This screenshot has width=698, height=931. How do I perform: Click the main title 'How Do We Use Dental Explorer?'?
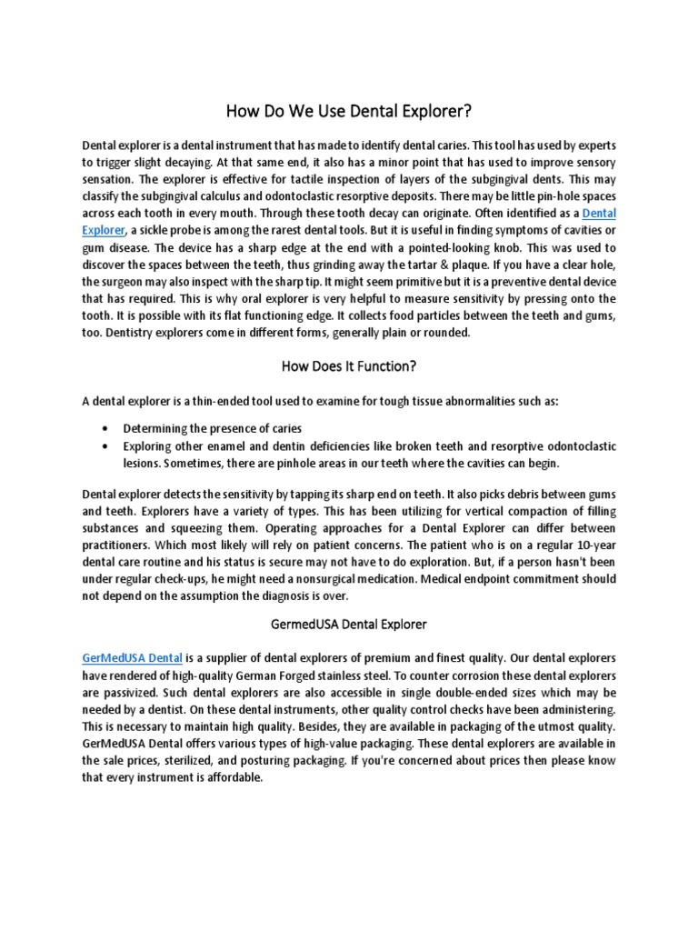pyautogui.click(x=349, y=112)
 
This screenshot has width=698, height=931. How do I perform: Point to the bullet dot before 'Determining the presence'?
pyautogui.click(x=108, y=428)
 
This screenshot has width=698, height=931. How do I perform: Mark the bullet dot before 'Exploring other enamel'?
pyautogui.click(x=108, y=446)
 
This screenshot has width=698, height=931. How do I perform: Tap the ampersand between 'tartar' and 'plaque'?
pyautogui.click(x=472, y=265)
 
